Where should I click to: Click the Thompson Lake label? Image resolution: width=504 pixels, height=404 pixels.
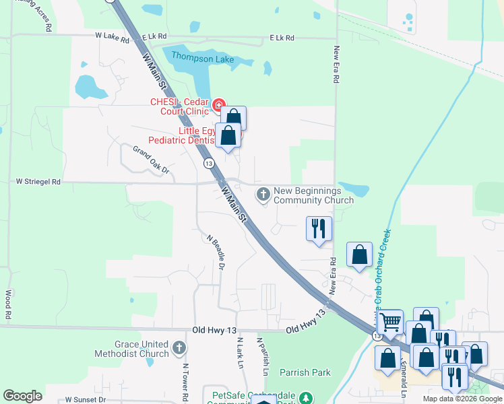click(201, 59)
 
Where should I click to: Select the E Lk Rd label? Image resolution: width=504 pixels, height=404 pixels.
click(282, 38)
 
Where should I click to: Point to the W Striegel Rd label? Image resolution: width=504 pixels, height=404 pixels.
click(38, 182)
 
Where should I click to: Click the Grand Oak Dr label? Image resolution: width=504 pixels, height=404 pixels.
click(150, 160)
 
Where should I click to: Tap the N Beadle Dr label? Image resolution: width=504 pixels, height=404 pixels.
click(215, 251)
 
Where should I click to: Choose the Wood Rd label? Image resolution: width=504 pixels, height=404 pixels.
click(8, 304)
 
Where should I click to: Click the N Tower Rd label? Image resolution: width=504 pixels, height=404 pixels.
click(185, 382)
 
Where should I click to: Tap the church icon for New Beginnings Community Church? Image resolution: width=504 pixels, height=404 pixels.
click(263, 195)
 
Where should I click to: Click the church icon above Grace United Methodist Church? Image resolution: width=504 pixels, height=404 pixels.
click(179, 347)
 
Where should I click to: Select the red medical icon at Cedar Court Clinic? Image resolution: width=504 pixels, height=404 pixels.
click(219, 105)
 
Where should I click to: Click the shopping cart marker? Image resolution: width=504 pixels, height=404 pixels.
click(389, 322)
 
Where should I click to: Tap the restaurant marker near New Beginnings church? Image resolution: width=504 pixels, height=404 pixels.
click(319, 228)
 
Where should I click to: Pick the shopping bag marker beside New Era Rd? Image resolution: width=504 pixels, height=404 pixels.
click(359, 255)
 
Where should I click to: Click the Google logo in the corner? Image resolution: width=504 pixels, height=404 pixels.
click(22, 395)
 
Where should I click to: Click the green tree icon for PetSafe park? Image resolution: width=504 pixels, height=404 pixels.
click(307, 399)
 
